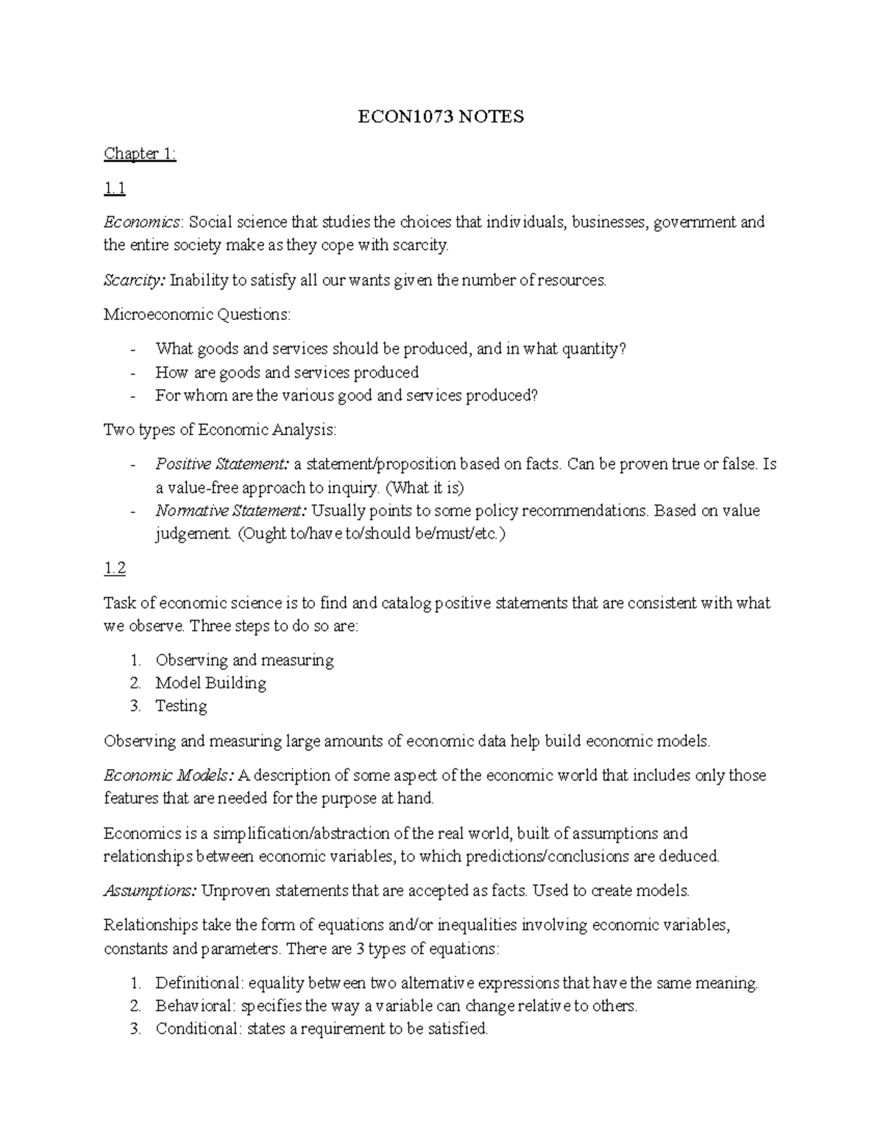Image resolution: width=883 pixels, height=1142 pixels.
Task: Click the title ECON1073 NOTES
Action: pyautogui.click(x=440, y=117)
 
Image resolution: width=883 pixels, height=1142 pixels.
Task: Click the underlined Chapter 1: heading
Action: pyautogui.click(x=140, y=154)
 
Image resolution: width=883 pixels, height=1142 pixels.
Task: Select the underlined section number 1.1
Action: pyautogui.click(x=115, y=189)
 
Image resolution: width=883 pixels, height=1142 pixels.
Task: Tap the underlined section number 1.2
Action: pyautogui.click(x=115, y=568)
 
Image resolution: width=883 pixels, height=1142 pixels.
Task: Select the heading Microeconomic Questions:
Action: pyautogui.click(x=197, y=315)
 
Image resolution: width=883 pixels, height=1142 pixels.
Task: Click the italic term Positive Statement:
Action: pyautogui.click(x=222, y=464)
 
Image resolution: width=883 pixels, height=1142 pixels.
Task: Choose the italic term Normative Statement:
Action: pyautogui.click(x=232, y=510)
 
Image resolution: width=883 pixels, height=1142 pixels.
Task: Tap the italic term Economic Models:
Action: pyautogui.click(x=169, y=776)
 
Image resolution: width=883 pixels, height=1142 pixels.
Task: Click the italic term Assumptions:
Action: pyautogui.click(x=150, y=891)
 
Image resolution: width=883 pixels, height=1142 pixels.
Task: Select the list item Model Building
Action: pyautogui.click(x=210, y=683)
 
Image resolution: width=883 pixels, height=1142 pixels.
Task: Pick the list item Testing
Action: pyautogui.click(x=181, y=706)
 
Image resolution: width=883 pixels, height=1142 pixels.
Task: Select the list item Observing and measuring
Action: pyautogui.click(x=244, y=660)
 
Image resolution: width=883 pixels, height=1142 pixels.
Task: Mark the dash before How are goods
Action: pyautogui.click(x=132, y=373)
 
